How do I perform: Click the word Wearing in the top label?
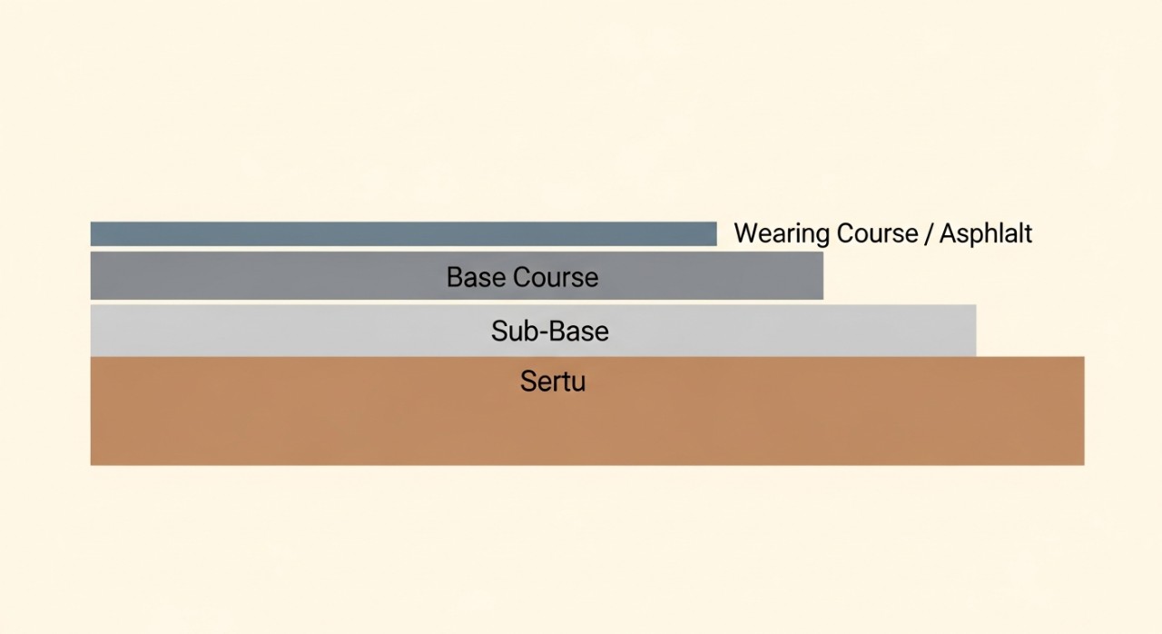782,234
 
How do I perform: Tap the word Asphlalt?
986,233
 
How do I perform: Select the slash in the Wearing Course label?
929,233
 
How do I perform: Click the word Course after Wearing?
877,233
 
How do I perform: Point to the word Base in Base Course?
476,277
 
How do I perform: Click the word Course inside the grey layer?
556,277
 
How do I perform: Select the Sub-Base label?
550,331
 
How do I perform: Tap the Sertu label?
553,381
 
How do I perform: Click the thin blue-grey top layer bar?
404,234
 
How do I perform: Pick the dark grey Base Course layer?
457,275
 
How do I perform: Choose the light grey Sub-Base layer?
533,331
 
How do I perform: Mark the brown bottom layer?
587,411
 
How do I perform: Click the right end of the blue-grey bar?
716,234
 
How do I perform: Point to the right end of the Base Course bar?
822,275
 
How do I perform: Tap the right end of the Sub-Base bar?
976,331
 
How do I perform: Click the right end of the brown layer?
1084,411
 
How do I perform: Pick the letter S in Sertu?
528,381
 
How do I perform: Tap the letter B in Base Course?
455,277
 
